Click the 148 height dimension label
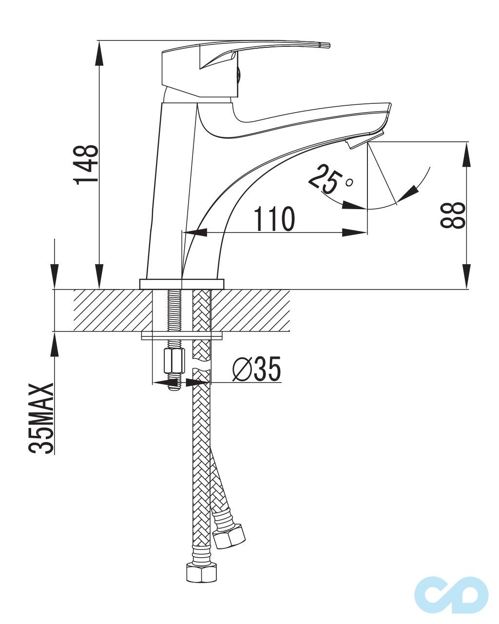86,164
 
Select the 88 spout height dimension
453,215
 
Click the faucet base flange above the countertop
182,284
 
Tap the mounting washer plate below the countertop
182,336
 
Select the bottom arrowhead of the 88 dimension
466,276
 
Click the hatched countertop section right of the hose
250,310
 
